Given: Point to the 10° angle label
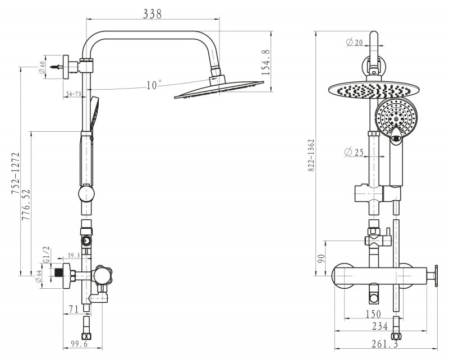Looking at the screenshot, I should (153, 85).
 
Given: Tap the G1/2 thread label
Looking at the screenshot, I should (47, 256).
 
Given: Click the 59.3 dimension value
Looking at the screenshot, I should (74, 256).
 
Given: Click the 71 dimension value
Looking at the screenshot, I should (73, 308).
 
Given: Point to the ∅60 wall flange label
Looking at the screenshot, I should (42, 68).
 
